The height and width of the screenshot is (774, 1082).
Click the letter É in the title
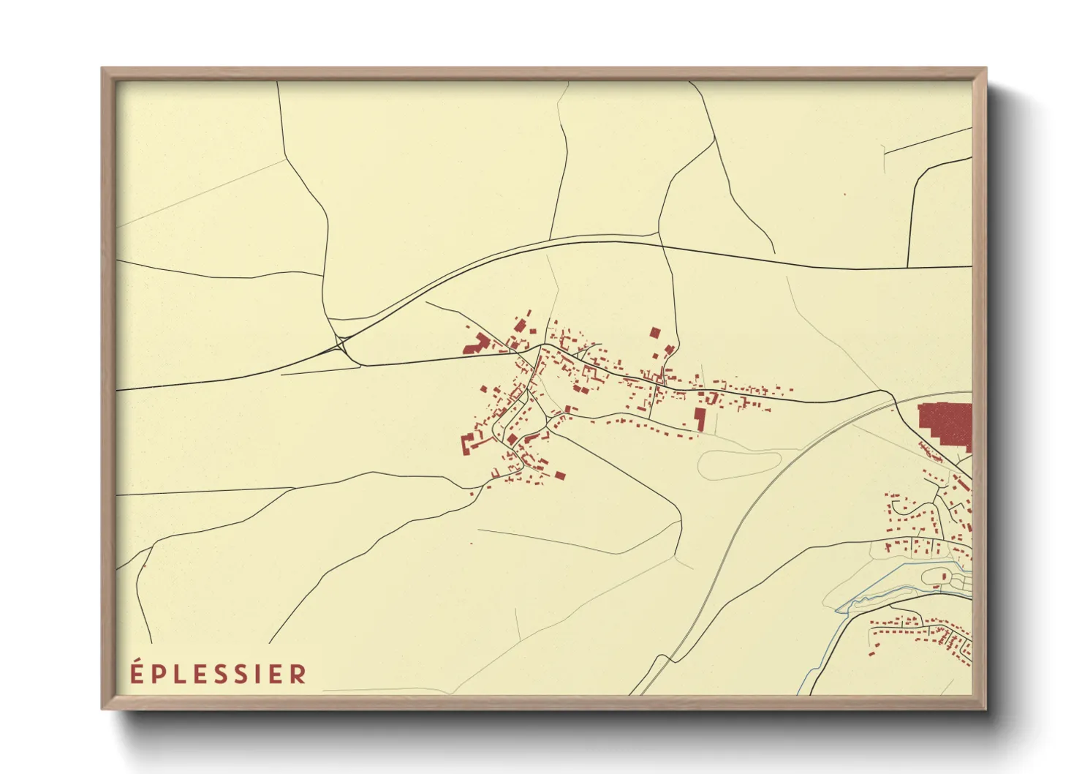tap(136, 672)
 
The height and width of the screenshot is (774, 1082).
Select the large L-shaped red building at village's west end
tap(477, 344)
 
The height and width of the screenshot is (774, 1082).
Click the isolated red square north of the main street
tap(655, 333)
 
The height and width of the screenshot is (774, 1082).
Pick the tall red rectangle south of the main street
tap(700, 419)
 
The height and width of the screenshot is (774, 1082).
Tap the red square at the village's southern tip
tap(560, 476)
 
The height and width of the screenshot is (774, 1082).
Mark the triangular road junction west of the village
tap(341, 345)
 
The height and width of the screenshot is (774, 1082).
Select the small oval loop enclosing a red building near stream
tap(939, 577)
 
